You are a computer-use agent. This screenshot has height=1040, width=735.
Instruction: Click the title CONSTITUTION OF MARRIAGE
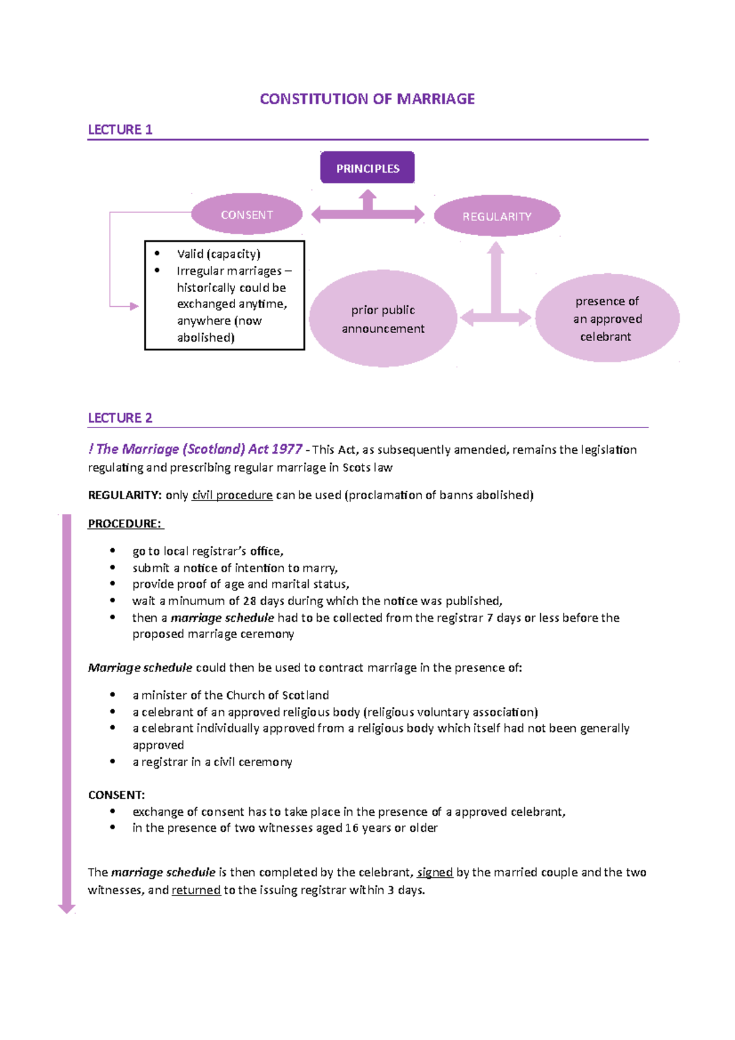367,99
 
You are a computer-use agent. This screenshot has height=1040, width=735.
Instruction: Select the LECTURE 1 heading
120,130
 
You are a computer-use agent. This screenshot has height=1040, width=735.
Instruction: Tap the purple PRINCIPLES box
367,168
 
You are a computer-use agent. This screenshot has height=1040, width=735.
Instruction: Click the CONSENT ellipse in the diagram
247,215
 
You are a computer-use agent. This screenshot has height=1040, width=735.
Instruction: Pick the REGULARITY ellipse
497,216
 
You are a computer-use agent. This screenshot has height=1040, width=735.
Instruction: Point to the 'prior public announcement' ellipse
383,319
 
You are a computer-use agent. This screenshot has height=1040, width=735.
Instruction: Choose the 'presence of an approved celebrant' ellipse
607,318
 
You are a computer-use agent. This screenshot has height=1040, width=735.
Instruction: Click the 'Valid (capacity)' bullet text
219,254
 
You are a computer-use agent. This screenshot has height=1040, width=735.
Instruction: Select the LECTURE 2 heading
120,418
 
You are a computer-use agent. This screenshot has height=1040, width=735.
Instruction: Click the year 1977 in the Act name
287,450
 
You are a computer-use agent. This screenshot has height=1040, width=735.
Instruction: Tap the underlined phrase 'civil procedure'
232,496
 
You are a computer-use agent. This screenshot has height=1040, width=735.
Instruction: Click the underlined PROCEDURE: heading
125,524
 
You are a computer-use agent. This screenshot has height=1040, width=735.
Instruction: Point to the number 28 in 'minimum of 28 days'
249,601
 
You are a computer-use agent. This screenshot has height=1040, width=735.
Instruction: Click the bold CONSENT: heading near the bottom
116,795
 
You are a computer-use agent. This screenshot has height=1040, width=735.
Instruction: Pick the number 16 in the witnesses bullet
352,828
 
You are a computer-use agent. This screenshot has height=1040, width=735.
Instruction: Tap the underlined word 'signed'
435,872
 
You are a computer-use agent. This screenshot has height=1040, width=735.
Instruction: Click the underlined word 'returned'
196,890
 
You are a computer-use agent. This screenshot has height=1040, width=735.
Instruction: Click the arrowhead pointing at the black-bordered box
134,306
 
